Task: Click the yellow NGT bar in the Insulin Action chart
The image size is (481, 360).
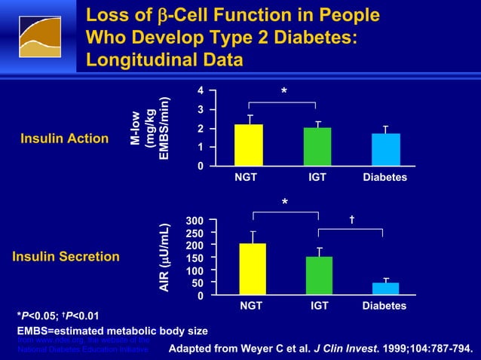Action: pos(248,145)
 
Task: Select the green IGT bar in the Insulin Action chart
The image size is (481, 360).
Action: pos(317,147)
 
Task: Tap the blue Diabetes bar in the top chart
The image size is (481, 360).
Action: pos(385,149)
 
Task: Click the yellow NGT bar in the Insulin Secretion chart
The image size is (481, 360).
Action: pos(253,270)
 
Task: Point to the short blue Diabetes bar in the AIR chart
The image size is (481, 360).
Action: pos(385,288)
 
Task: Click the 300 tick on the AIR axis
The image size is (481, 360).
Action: pos(195,221)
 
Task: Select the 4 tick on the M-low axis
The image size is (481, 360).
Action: pos(200,91)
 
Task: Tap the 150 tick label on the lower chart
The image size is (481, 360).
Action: pos(195,258)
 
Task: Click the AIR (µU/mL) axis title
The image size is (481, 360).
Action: pos(172,258)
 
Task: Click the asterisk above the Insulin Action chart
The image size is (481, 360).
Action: pos(283,92)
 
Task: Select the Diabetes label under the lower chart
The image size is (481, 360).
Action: pos(384,307)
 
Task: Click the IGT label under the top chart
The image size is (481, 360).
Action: pos(317,177)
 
